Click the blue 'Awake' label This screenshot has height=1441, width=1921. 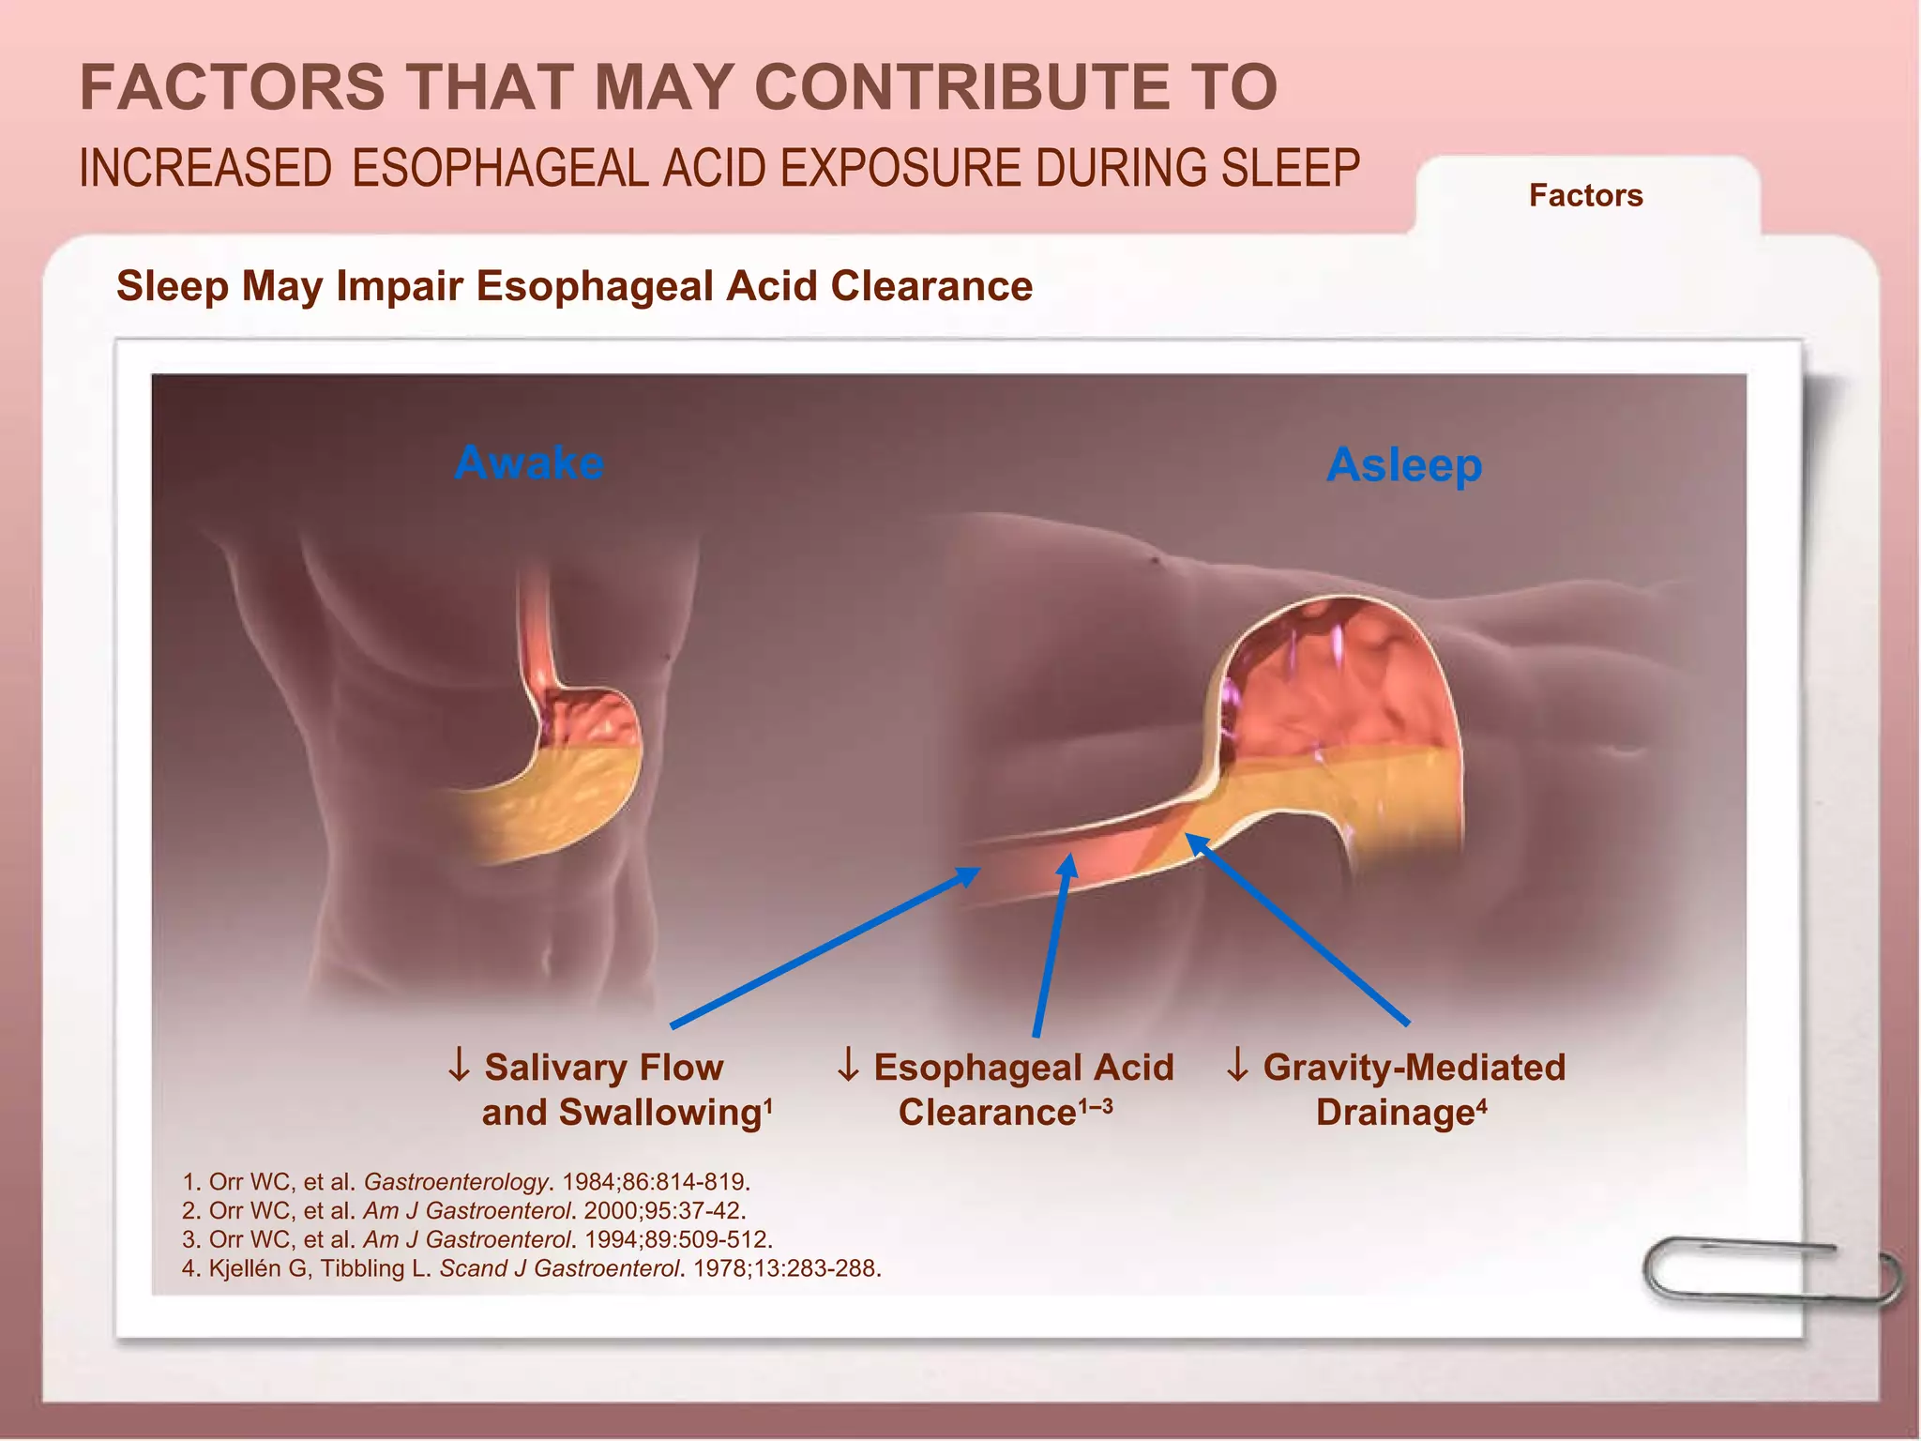(529, 463)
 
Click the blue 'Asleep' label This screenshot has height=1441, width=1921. (1404, 465)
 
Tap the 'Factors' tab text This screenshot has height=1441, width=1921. (1585, 195)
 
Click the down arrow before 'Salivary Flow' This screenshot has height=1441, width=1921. (459, 1066)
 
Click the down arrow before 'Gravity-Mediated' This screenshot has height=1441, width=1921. (1237, 1066)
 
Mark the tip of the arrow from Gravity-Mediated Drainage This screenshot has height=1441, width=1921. (1188, 836)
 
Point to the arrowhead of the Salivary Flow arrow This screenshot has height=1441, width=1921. (976, 870)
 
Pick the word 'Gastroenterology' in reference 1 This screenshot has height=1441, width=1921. (455, 1182)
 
